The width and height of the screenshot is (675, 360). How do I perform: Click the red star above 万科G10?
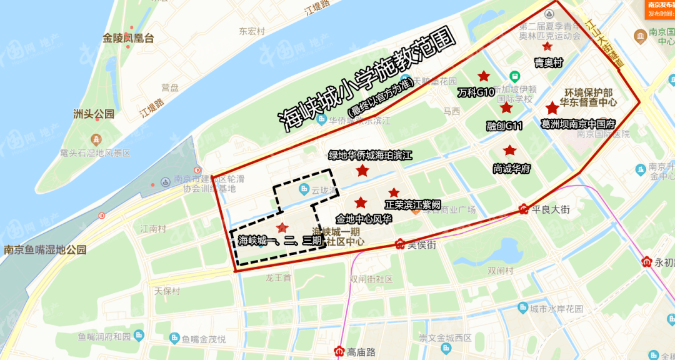[x=483, y=76]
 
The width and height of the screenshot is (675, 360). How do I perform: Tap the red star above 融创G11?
[x=506, y=108]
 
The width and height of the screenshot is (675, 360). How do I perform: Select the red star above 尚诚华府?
[x=510, y=151]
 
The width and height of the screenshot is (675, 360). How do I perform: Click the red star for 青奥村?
[x=547, y=46]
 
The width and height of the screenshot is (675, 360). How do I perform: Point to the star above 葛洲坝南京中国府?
[x=552, y=108]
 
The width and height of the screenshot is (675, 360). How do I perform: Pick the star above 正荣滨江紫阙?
[x=394, y=192]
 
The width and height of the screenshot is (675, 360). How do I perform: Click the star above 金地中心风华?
[x=361, y=202]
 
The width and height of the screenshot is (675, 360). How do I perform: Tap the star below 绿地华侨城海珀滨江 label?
[x=362, y=171]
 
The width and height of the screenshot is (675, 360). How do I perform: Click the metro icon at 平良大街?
[x=524, y=210]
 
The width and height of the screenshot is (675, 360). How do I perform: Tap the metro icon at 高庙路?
[x=339, y=351]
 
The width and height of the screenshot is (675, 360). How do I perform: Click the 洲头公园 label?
[x=94, y=114]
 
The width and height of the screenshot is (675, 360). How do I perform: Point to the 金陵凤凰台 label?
[x=128, y=38]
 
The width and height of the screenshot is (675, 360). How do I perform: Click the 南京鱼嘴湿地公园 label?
[x=45, y=250]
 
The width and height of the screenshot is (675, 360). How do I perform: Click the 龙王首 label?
[x=278, y=277]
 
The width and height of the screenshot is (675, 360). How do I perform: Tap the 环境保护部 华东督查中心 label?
[x=581, y=97]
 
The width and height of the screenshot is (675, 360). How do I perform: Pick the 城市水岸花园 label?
[x=556, y=309]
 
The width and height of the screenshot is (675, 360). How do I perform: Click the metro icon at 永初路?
[x=647, y=262]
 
